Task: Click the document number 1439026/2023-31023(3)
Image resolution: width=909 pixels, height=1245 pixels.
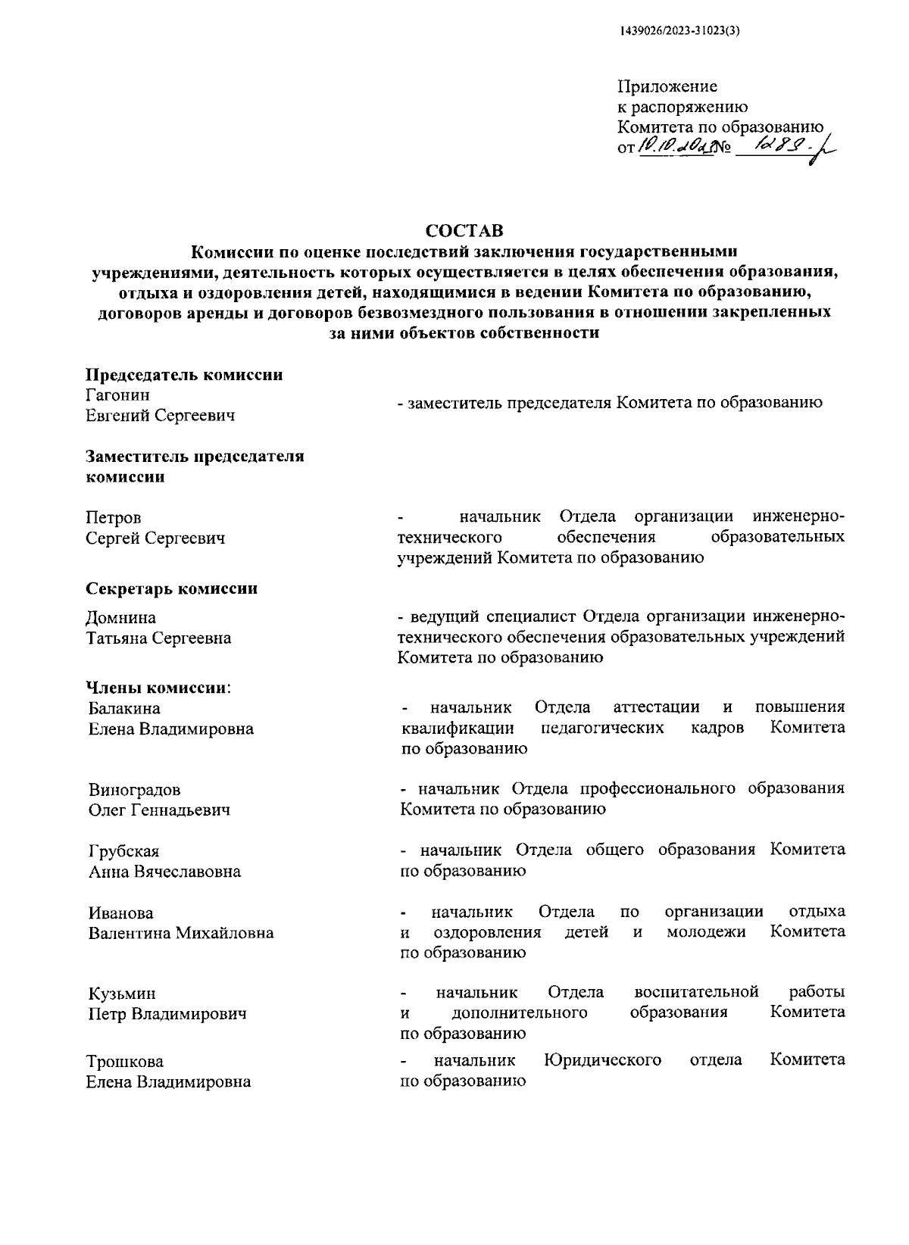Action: pos(679,31)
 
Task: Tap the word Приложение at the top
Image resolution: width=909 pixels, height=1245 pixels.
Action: pos(667,87)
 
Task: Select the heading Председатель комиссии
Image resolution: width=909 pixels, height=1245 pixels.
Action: pos(184,375)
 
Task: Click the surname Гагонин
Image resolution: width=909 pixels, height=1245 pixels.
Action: pos(117,395)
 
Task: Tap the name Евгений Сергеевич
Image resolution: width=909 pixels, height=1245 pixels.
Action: pos(161,415)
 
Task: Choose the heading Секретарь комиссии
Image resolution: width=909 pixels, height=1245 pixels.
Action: pos(171,588)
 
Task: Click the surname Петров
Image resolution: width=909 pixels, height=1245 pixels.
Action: pos(113,518)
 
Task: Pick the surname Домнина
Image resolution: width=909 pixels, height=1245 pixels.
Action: pos(121,618)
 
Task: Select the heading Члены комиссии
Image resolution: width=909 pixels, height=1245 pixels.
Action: pos(158,688)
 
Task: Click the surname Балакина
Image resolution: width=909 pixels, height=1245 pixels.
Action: pos(124,709)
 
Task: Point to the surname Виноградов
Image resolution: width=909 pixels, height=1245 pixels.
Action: pos(135,790)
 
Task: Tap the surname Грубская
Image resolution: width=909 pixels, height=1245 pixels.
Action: pos(124,851)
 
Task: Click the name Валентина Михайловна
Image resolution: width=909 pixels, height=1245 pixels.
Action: pos(181,933)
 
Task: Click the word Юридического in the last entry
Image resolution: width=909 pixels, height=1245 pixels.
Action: pos(602,1060)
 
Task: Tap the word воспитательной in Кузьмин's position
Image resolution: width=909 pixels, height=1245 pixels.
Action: pos(696,992)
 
